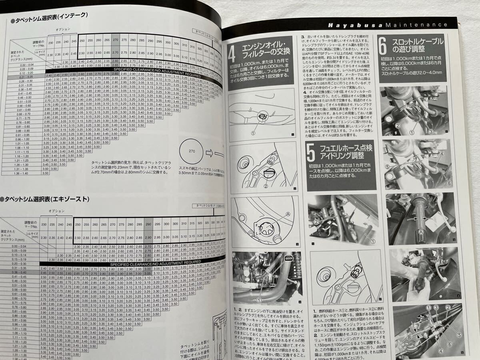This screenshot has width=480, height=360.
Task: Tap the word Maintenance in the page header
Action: [x=416, y=25]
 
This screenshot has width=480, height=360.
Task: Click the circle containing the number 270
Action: [x=192, y=152]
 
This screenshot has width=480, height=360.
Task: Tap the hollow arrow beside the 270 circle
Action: [x=210, y=152]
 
